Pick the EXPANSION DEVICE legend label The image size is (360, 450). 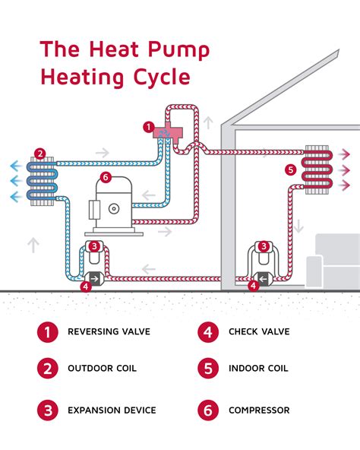[112, 410]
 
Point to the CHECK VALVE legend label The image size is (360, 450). [259, 331]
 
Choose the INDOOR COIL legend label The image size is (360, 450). [258, 369]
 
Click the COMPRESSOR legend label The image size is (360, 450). [259, 410]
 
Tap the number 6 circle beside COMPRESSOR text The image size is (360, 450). [207, 410]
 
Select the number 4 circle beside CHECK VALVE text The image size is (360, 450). [207, 331]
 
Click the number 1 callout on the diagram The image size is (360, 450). [149, 126]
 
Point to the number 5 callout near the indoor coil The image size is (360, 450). [290, 169]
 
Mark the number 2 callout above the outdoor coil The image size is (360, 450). [40, 153]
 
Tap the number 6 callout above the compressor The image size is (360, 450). [106, 179]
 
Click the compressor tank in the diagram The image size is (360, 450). [115, 206]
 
